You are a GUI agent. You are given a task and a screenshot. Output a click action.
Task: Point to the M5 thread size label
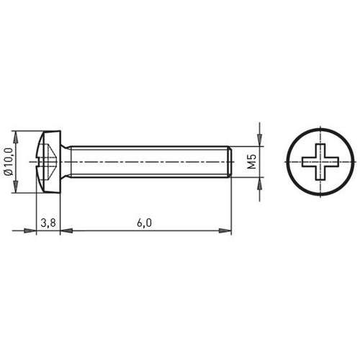point(252,162)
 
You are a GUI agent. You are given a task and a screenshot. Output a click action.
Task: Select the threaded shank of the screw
point(144,162)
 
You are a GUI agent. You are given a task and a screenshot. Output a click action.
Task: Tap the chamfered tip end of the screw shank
point(230,162)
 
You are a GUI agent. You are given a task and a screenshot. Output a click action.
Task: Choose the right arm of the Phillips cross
point(329,162)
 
